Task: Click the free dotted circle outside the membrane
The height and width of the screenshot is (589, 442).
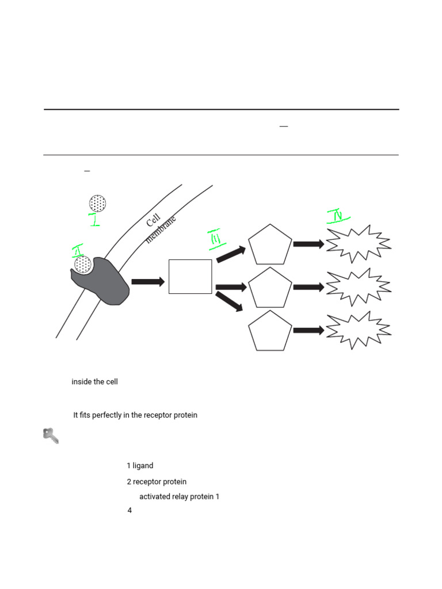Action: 97,203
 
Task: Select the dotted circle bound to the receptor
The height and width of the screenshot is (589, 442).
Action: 83,265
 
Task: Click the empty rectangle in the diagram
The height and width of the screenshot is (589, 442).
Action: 190,277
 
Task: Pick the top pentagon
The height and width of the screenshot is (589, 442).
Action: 270,245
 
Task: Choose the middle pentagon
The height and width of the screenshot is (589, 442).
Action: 270,288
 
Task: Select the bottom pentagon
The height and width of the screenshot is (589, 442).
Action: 270,331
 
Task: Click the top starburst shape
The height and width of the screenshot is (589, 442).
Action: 358,244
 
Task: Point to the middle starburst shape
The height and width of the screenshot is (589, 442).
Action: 358,287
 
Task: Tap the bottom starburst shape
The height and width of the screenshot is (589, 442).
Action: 358,331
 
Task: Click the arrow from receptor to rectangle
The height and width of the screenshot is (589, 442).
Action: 148,281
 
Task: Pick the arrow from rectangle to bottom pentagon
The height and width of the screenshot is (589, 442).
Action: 230,301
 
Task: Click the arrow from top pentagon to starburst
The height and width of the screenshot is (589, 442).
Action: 308,244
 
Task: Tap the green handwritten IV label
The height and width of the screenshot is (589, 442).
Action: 338,216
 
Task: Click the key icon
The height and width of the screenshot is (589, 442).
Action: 51,436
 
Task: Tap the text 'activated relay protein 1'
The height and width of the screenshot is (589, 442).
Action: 179,497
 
